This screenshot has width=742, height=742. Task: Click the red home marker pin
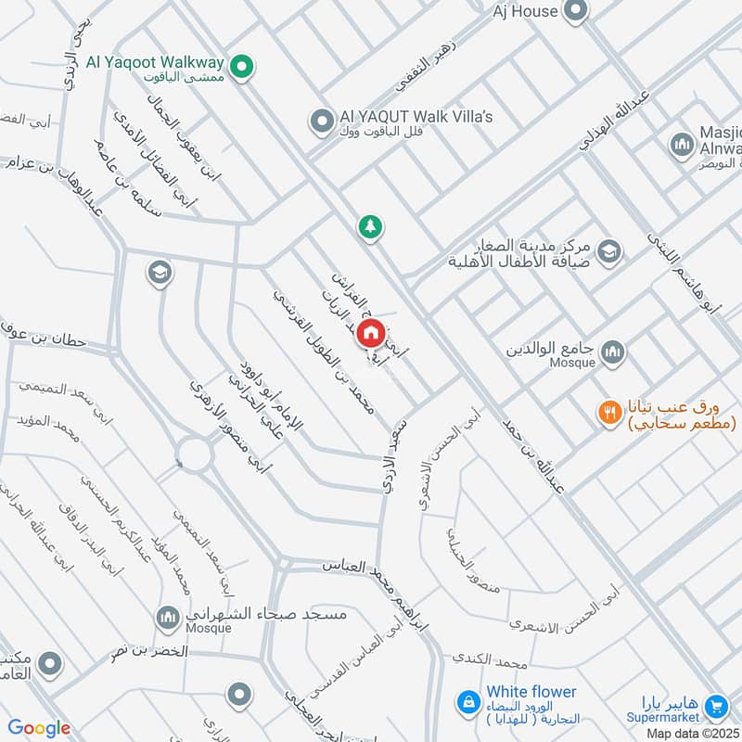click(x=370, y=332)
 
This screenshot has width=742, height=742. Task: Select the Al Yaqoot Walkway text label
click(x=155, y=63)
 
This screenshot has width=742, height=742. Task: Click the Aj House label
click(x=524, y=11)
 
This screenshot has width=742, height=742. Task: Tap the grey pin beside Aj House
click(x=576, y=11)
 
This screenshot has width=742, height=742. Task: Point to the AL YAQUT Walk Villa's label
click(x=416, y=116)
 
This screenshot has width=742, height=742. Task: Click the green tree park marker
click(x=370, y=225)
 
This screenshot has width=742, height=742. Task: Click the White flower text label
click(x=531, y=692)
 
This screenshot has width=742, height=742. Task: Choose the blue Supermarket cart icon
click(x=715, y=707)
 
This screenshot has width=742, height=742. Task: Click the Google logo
click(x=39, y=728)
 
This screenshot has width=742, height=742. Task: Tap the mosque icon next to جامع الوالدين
click(x=611, y=352)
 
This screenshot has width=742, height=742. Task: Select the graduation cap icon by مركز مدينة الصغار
click(x=609, y=250)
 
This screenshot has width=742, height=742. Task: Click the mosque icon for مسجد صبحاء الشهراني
click(x=167, y=616)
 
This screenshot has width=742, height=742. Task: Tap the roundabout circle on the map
click(x=195, y=454)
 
